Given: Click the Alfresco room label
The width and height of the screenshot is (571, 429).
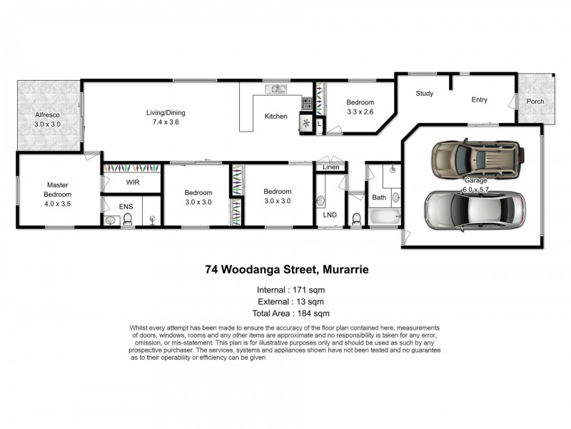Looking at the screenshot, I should (49, 114).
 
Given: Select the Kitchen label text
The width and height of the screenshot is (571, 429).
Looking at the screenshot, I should (276, 116).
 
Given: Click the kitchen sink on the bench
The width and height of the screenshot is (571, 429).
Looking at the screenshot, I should (276, 89).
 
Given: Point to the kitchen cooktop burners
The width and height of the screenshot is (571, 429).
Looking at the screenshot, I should (307, 104).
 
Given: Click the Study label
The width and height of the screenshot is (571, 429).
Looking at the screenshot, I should (425, 94).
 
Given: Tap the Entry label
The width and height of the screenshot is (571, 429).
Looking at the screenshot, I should (480, 100).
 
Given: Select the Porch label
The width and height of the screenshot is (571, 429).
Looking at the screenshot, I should (535, 102).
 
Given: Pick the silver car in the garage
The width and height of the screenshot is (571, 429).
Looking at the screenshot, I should (475, 208).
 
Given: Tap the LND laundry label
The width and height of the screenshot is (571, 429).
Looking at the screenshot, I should (330, 214).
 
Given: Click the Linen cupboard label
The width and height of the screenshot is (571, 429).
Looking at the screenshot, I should (331, 167).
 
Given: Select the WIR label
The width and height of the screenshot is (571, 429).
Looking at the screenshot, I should (132, 183).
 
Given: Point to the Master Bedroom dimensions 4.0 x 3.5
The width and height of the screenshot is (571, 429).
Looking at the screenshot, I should (58, 204).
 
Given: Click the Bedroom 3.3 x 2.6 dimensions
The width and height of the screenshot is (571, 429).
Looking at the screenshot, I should (360, 112).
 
